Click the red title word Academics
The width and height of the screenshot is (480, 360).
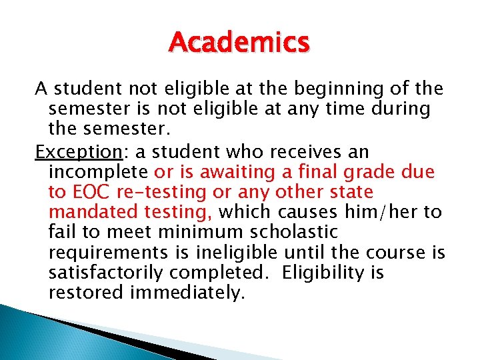239,42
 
